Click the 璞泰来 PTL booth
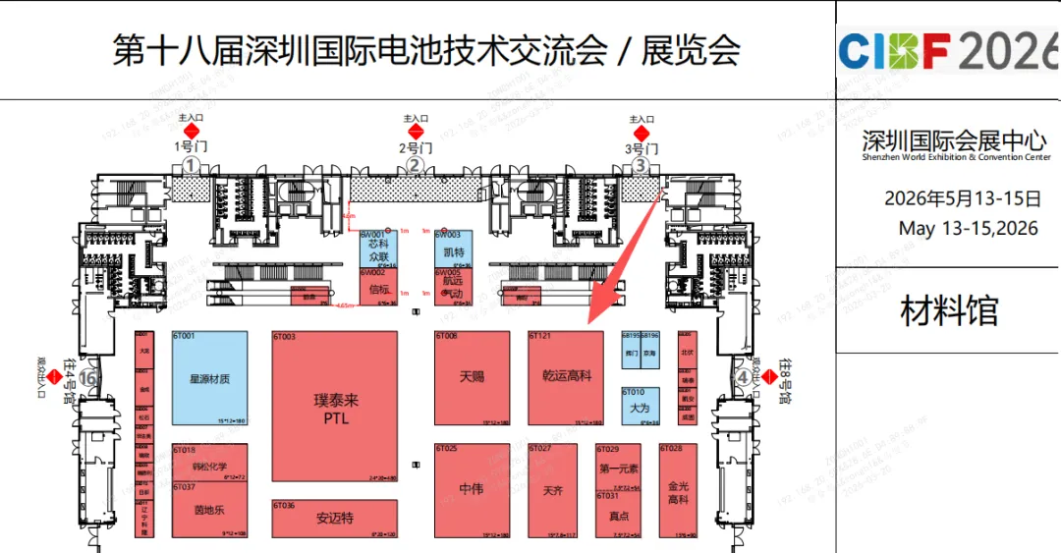pyautogui.click(x=335, y=407)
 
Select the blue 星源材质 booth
pyautogui.click(x=209, y=378)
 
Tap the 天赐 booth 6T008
pyautogui.click(x=472, y=377)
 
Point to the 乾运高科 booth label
pyautogui.click(x=567, y=376)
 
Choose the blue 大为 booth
pyautogui.click(x=640, y=407)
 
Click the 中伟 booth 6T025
pyautogui.click(x=472, y=489)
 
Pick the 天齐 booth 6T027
pyautogui.click(x=552, y=489)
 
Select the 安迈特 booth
pyautogui.click(x=335, y=518)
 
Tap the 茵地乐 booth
pyautogui.click(x=209, y=510)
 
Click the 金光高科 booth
pyautogui.click(x=678, y=493)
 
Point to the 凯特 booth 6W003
pyautogui.click(x=453, y=252)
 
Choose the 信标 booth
pyautogui.click(x=379, y=289)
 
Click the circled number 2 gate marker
pyautogui.click(x=416, y=165)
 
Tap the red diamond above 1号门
pyautogui.click(x=193, y=131)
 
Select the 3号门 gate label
pyautogui.click(x=642, y=148)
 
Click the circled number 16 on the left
pyautogui.click(x=89, y=376)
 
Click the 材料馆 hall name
pyautogui.click(x=949, y=311)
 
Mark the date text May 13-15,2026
pyautogui.click(x=968, y=229)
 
